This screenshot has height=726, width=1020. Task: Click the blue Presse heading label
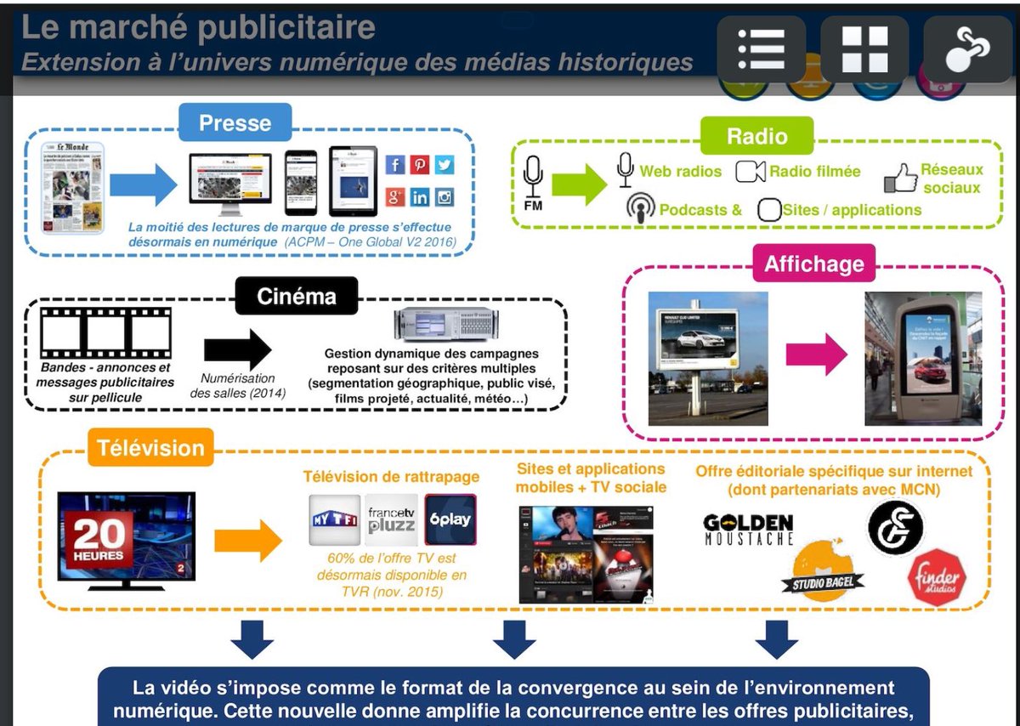235,122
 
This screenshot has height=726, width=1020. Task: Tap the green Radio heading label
756,136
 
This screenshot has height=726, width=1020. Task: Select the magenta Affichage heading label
813,263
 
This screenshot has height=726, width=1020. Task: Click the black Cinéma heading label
297,297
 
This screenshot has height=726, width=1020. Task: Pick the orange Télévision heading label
150,448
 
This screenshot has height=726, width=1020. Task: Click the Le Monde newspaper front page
74,188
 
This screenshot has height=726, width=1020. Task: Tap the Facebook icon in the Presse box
395,165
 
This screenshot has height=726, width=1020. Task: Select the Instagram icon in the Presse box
445,197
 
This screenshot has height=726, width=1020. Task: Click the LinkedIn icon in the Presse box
420,197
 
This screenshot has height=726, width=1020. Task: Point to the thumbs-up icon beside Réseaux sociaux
900,178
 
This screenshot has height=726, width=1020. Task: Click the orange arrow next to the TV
247,540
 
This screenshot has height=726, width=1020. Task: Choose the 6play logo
450,519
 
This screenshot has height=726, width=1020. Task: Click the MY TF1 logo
334,519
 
